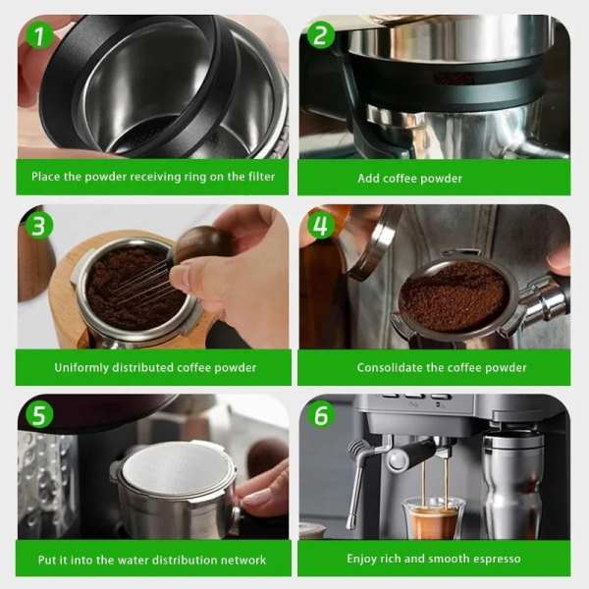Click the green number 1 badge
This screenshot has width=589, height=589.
point(38,36)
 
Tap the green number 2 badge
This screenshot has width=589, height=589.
point(320,35)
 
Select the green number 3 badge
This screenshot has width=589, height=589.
point(39,226)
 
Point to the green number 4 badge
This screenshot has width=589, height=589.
point(320,226)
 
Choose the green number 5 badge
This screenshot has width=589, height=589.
point(39,415)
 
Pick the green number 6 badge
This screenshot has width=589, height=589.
point(320,415)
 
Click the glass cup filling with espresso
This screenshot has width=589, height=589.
point(432,517)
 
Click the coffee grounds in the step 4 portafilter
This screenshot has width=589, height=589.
point(454,296)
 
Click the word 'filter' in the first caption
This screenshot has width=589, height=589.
point(261,176)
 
